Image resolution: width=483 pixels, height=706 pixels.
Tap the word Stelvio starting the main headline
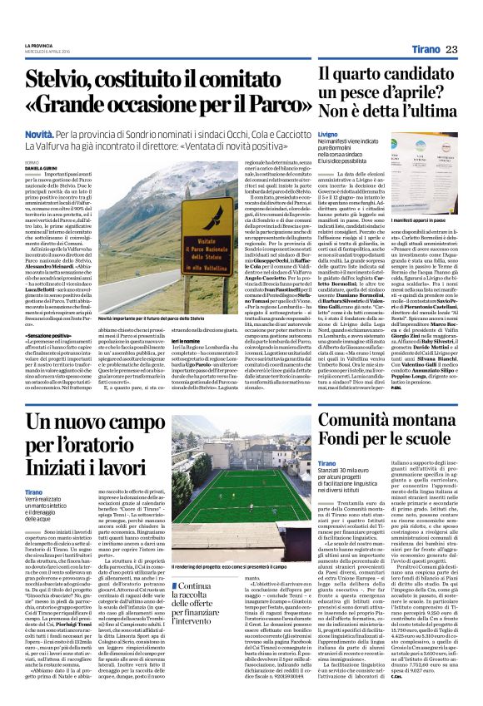64,81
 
